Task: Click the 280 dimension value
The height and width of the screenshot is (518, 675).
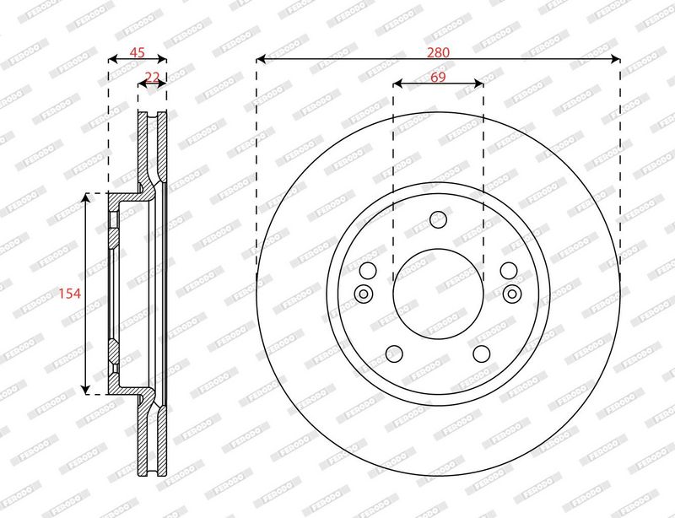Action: pyautogui.click(x=438, y=52)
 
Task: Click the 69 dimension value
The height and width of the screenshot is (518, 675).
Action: pyautogui.click(x=438, y=77)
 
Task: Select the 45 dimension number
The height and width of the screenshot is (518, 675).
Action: pyautogui.click(x=137, y=52)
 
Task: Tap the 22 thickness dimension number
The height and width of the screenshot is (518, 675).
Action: pyautogui.click(x=153, y=77)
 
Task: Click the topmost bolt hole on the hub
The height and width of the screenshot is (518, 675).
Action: pyautogui.click(x=438, y=219)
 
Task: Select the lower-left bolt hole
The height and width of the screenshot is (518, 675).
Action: pyautogui.click(x=394, y=353)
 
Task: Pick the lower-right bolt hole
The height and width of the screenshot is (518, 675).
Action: pyautogui.click(x=482, y=353)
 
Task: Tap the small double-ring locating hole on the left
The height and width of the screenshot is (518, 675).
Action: pyautogui.click(x=364, y=294)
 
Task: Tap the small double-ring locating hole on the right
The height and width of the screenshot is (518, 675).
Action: pyautogui.click(x=511, y=294)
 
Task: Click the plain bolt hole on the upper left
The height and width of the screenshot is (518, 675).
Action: pyautogui.click(x=367, y=271)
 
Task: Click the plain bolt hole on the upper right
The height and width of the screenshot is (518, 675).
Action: pyautogui.click(x=509, y=271)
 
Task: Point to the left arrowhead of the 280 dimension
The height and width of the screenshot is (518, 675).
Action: pyautogui.click(x=261, y=59)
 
